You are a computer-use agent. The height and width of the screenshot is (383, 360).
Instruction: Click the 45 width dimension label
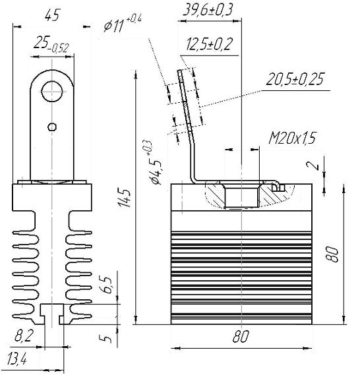point(52,16)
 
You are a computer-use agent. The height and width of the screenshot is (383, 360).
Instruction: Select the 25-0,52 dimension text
point(51,44)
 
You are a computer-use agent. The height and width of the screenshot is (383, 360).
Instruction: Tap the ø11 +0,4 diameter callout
point(123,24)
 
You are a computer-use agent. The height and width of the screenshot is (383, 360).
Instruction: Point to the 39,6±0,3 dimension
point(208,11)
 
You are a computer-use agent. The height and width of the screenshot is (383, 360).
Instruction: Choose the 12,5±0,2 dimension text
point(209,44)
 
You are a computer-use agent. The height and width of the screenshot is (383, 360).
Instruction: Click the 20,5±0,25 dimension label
point(295,79)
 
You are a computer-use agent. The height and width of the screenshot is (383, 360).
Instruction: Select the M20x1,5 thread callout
point(292,138)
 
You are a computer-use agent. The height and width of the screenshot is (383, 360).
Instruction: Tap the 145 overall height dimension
point(125,197)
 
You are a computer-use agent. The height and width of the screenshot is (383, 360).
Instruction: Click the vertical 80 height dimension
point(333,254)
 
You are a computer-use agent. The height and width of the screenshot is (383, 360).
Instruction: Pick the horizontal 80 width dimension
point(241,336)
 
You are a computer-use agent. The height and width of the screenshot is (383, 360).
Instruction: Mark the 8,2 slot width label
point(23,336)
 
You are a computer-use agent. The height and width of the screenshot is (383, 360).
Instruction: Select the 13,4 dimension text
point(16,359)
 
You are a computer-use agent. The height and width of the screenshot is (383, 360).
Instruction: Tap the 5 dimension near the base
point(105,339)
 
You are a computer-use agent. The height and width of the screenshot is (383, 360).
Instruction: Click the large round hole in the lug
point(52,92)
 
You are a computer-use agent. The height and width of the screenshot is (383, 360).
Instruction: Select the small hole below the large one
point(52,127)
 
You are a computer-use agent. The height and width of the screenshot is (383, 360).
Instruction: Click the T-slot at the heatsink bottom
point(52,314)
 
